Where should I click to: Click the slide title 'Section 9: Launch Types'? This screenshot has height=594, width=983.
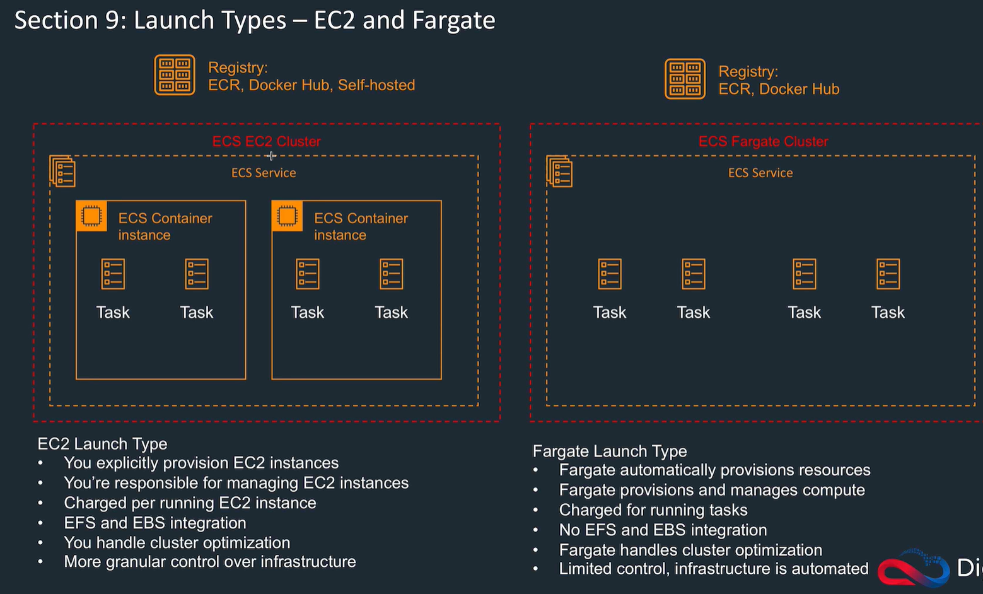(254, 20)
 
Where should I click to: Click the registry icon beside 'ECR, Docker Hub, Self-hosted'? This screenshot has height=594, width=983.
(175, 75)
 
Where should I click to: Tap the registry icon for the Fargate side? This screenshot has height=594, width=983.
(685, 79)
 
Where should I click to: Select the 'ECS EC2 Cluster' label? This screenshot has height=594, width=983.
(266, 141)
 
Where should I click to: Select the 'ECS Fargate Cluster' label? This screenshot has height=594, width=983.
(763, 141)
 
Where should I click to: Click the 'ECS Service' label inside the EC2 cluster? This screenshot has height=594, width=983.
(264, 173)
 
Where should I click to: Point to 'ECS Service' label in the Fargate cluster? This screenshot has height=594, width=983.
(760, 173)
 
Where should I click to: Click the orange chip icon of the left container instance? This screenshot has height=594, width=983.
(91, 216)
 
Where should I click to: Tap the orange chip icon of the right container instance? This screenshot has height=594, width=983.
(287, 216)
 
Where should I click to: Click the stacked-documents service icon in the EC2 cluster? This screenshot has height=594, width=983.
(62, 172)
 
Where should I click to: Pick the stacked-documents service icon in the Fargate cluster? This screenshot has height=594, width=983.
(559, 172)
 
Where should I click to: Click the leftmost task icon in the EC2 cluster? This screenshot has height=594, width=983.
(113, 274)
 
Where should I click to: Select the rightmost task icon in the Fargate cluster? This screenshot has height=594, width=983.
(888, 274)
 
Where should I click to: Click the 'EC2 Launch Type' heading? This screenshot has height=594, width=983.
(102, 443)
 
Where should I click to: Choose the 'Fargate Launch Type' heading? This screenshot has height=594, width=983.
(610, 451)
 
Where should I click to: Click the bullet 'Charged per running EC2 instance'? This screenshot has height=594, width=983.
(190, 503)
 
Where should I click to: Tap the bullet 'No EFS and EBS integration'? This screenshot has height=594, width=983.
(663, 530)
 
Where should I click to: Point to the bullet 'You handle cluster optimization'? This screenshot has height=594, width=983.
(177, 542)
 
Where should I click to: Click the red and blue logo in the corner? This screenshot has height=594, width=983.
(914, 569)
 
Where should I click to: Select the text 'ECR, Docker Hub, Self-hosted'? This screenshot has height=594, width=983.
(311, 85)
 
